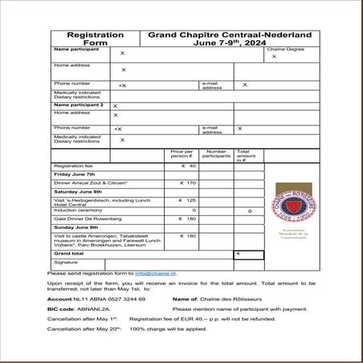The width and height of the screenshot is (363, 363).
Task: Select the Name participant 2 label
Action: click(x=79, y=104)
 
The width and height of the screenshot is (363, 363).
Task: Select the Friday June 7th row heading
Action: click(x=74, y=174)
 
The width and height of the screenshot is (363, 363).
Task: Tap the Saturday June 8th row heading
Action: click(x=78, y=192)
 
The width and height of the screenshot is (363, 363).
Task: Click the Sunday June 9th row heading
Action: click(x=75, y=227)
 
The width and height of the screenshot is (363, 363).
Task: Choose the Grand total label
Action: click(x=68, y=254)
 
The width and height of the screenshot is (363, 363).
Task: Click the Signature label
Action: click(x=66, y=263)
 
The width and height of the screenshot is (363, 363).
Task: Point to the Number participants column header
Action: click(x=216, y=153)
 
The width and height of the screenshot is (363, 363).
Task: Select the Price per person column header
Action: click(x=182, y=153)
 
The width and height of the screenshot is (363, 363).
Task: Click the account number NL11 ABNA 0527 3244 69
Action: click(x=96, y=299)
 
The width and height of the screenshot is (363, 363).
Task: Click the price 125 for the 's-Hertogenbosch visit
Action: click(x=189, y=201)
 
